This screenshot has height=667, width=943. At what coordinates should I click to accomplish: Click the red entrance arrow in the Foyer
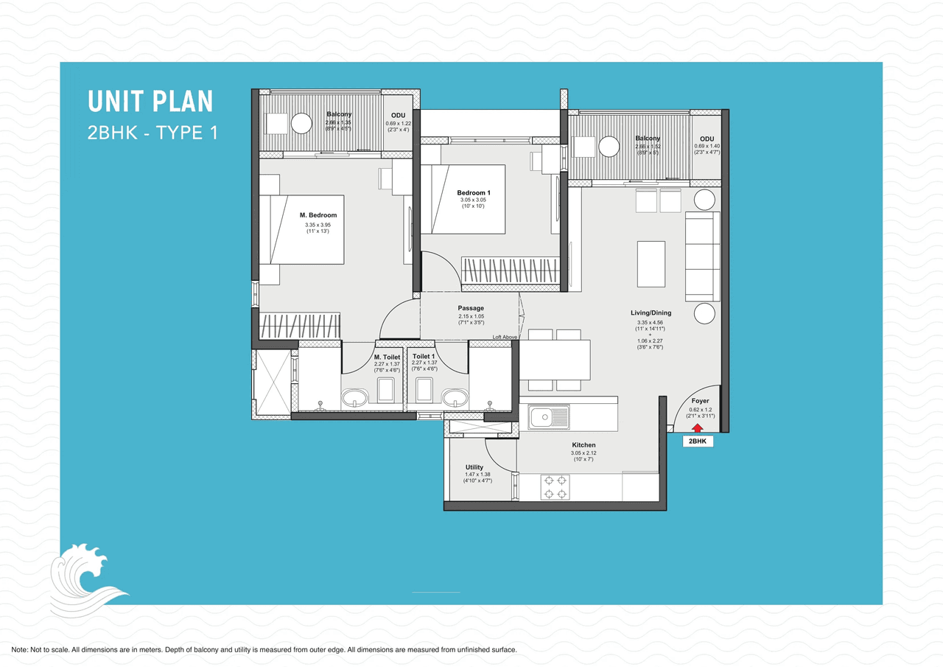pyautogui.click(x=697, y=427)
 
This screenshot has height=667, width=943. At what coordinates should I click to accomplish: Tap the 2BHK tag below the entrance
pyautogui.click(x=696, y=441)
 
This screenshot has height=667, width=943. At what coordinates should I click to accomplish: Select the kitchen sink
pyautogui.click(x=549, y=418)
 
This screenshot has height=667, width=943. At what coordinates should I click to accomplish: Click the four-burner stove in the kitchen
pyautogui.click(x=555, y=486)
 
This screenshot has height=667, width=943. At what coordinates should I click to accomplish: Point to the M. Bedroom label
pyautogui.click(x=318, y=215)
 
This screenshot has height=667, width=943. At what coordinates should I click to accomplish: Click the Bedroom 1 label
pyautogui.click(x=474, y=193)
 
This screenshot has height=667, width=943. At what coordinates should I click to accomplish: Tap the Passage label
pyautogui.click(x=471, y=308)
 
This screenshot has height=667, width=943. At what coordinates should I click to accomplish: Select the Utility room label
pyautogui.click(x=474, y=467)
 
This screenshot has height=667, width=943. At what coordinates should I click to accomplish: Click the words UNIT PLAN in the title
pyautogui.click(x=150, y=101)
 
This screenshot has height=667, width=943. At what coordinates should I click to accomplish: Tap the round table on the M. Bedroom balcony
pyautogui.click(x=302, y=123)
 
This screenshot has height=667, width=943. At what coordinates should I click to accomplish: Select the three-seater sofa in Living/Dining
pyautogui.click(x=703, y=256)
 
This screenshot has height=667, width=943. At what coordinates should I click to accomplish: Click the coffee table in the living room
pyautogui.click(x=651, y=264)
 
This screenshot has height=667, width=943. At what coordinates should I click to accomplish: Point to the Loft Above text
pyautogui.click(x=505, y=337)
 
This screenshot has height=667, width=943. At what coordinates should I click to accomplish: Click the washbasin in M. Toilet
pyautogui.click(x=357, y=398)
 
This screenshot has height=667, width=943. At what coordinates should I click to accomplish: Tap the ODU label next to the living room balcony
pyautogui.click(x=707, y=139)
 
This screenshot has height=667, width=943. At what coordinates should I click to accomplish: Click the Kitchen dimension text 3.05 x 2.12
pyautogui.click(x=583, y=453)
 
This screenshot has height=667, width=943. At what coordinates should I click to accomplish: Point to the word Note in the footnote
pyautogui.click(x=20, y=650)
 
